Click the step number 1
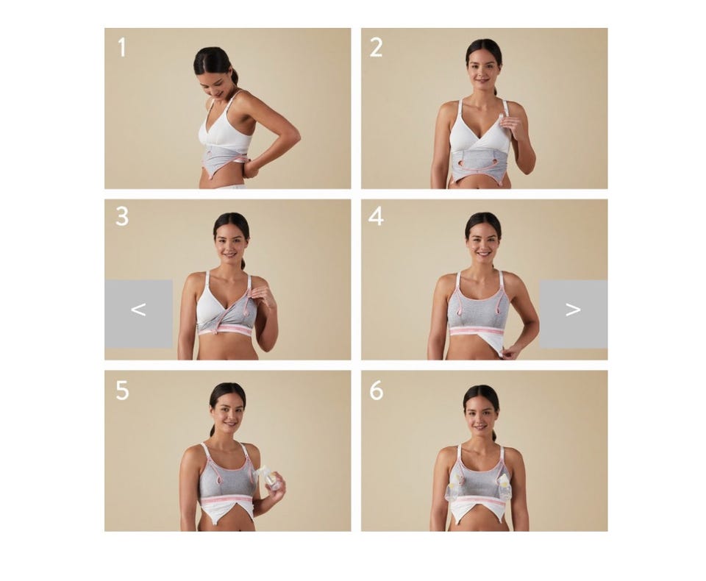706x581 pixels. click(x=121, y=47)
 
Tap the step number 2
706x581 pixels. click(x=376, y=47)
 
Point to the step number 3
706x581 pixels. click(x=122, y=217)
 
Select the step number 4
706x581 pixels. click(x=376, y=217)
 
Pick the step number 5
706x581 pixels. click(x=122, y=391)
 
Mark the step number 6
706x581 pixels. click(x=377, y=391)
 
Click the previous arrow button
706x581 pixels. click(x=139, y=314)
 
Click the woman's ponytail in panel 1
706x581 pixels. click(x=235, y=76)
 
